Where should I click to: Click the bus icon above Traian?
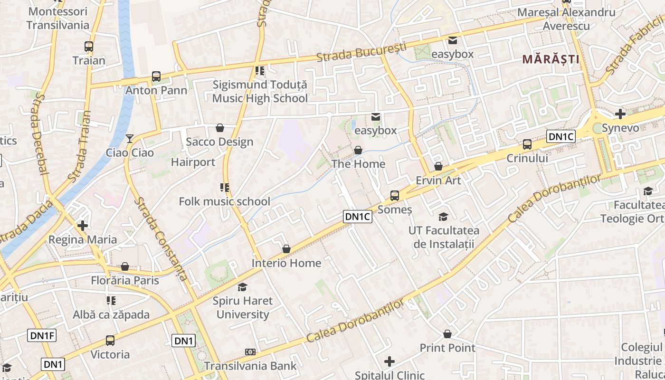[89, 47]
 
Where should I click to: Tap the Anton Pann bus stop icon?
[156, 76]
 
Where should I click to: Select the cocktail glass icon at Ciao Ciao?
[130, 139]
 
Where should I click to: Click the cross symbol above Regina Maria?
[83, 225]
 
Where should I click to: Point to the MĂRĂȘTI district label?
[551, 59]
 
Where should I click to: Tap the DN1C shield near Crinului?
[561, 137]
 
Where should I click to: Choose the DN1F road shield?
[43, 336]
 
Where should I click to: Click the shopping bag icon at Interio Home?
[286, 249]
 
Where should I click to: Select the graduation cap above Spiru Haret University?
[243, 287]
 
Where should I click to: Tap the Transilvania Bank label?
[250, 366]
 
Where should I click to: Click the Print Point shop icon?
[447, 334]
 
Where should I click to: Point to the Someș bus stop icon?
[394, 195]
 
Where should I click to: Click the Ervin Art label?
[438, 180]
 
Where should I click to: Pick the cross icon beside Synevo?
[620, 114]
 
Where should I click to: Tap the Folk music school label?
[224, 201]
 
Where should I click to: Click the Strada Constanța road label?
[160, 238]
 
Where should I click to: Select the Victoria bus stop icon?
[110, 340]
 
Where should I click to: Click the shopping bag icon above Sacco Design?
[220, 128]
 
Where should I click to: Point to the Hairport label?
[193, 162]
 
